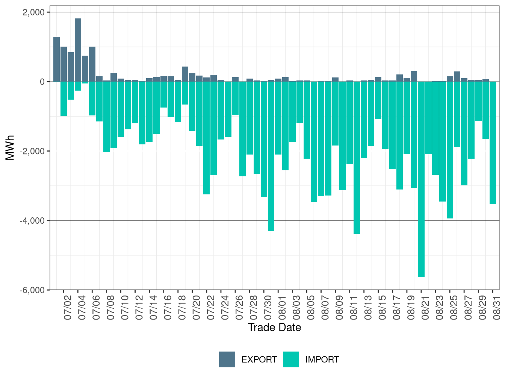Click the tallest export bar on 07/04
(x=78, y=50)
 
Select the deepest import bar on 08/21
(x=421, y=179)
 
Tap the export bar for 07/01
(x=56, y=59)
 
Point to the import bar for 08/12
(x=357, y=158)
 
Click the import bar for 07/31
(x=271, y=156)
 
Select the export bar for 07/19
(x=185, y=74)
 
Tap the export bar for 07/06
(x=92, y=64)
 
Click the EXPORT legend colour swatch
(x=227, y=359)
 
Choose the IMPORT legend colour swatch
(x=291, y=359)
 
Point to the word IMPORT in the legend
(x=322, y=359)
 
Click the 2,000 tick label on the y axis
(x=33, y=12)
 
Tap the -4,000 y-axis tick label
(x=32, y=221)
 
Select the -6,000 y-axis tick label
(x=32, y=290)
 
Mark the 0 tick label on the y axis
(x=42, y=82)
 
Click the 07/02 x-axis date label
(x=68, y=308)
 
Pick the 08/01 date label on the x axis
(x=282, y=308)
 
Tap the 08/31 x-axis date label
(x=496, y=308)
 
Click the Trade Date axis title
(x=274, y=327)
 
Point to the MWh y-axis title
(x=10, y=147)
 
